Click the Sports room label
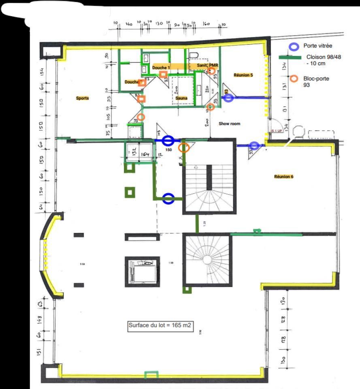point(82,98)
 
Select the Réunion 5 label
point(243,75)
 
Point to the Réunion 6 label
point(284,176)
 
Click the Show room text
point(230,124)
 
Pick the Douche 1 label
point(161,67)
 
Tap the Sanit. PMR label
point(207,65)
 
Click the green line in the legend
point(290,58)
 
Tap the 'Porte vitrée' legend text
point(318,46)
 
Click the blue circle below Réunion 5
point(229,98)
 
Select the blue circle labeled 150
point(168,141)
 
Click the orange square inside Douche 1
point(163,74)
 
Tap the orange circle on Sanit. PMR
point(211,71)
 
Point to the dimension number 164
point(145,154)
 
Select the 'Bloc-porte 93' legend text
point(316,82)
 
